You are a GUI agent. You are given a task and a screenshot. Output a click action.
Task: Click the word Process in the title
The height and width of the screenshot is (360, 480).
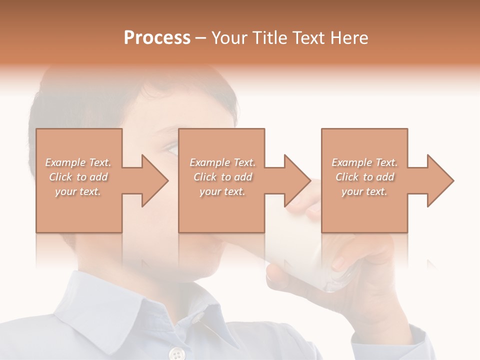[157, 38]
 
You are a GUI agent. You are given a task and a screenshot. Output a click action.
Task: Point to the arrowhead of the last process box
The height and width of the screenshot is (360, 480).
[439, 180]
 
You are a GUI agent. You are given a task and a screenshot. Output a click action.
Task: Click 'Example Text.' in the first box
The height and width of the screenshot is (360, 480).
[78, 162]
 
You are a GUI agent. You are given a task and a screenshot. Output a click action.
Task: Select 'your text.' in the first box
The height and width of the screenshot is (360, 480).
[78, 191]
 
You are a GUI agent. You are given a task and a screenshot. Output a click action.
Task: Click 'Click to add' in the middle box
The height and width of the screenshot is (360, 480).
[222, 177]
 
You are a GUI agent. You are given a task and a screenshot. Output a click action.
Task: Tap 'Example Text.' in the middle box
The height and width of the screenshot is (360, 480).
[222, 162]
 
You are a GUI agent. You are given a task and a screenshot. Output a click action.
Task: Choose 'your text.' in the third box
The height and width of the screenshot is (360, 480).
[364, 191]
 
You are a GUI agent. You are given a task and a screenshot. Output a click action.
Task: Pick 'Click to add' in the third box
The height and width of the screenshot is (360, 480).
[365, 177]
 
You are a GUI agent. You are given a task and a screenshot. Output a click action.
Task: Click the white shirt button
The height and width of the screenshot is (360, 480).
[176, 354]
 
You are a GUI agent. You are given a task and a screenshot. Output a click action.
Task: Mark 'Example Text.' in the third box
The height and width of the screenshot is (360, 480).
[364, 162]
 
